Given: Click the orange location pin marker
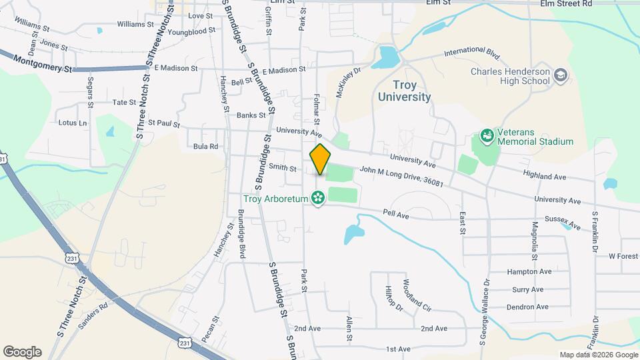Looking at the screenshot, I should pyautogui.click(x=320, y=159).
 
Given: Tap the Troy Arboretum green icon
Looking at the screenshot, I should pyautogui.click(x=318, y=198).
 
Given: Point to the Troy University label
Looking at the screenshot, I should pyautogui.click(x=404, y=91).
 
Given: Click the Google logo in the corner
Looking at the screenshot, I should pyautogui.click(x=22, y=352).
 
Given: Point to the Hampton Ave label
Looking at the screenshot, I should pyautogui.click(x=529, y=272).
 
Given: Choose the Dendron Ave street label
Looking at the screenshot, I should pyautogui.click(x=527, y=307).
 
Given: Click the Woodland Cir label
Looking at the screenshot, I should pyautogui.click(x=417, y=295).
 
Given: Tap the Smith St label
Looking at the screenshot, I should pyautogui.click(x=283, y=167).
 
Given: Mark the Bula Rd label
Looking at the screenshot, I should pyautogui.click(x=205, y=146).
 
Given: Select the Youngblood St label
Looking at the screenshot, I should pyautogui.click(x=192, y=31).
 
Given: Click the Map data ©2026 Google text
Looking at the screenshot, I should pyautogui.click(x=597, y=355).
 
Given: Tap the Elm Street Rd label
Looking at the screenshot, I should pyautogui.click(x=566, y=3).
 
